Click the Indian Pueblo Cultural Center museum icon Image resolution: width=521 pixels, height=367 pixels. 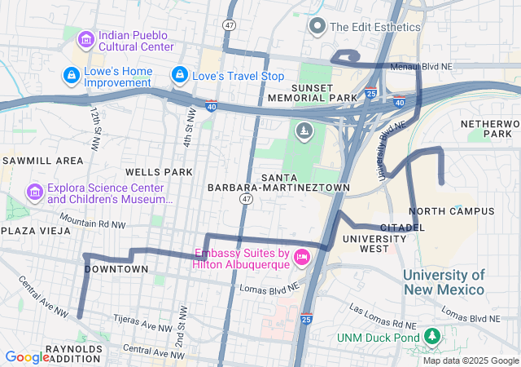pos(85,39)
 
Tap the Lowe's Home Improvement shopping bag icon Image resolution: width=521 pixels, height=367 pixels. pos(72,76)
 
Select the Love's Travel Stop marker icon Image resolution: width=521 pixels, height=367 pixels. pos(178,76)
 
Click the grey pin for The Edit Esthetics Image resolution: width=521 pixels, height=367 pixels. pos(317,26)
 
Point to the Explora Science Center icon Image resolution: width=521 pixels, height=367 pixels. pos(34,192)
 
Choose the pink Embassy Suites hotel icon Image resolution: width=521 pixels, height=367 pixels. pos(302,258)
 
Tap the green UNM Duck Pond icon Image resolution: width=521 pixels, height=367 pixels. pos(431,336)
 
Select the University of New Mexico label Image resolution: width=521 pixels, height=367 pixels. pos(444,282)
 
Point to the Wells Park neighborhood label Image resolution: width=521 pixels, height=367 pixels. pos(159,172)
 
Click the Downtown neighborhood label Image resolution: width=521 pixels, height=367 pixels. pos(116,269)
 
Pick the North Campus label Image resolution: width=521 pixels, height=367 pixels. pos(457,211)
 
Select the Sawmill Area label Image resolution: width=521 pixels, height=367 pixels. pos(42,161)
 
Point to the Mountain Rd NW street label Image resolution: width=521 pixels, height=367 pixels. pos(92,223)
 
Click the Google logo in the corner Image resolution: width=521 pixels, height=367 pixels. pos(27,356)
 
